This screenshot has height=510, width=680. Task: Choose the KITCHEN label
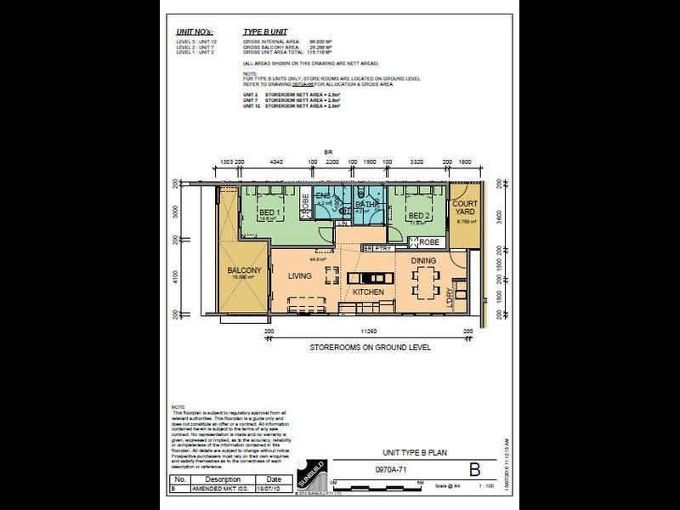[x=368, y=292]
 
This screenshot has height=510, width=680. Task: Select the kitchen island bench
[x=371, y=277]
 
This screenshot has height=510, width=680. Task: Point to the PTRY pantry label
[x=382, y=249]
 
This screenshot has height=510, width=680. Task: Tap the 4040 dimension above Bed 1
[x=275, y=161]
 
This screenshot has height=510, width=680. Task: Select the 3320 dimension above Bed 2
[x=416, y=161]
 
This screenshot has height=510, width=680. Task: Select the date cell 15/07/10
[x=273, y=490]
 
